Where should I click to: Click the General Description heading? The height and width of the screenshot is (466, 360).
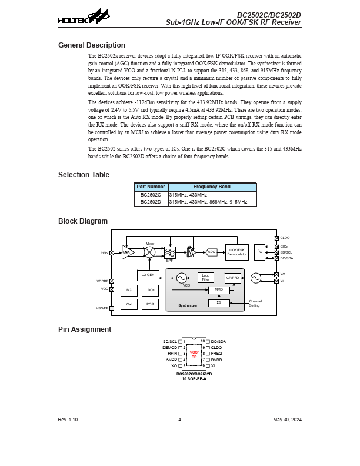point(92,45)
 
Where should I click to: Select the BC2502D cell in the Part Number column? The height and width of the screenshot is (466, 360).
point(151,202)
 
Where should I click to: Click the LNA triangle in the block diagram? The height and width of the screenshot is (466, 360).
point(128,252)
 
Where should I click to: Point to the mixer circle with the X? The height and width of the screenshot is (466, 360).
point(150,252)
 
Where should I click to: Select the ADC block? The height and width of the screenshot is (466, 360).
point(212,252)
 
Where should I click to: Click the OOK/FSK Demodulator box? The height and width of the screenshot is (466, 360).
point(237,252)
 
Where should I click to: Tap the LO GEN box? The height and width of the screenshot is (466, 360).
point(148,275)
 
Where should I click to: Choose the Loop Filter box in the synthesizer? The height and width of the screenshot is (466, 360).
point(205,277)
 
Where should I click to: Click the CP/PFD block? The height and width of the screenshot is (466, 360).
point(233,278)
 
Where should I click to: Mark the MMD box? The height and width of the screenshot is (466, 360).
point(219,290)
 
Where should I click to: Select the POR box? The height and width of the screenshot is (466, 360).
point(149,304)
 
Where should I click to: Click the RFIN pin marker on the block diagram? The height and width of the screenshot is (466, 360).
point(112,252)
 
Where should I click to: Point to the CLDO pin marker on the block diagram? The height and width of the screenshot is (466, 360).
point(276,238)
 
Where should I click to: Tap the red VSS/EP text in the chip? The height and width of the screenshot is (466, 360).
point(194,354)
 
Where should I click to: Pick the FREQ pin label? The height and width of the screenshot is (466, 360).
point(216,353)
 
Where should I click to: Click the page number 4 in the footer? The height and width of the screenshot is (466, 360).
point(180,419)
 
